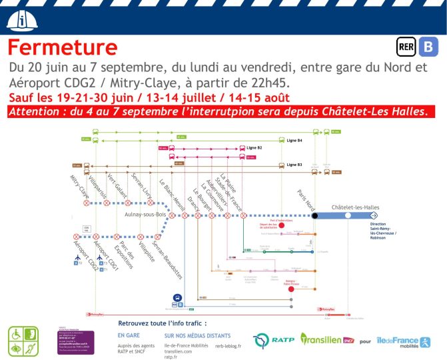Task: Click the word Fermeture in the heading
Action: [x=63, y=48]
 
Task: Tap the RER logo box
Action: [x=406, y=47]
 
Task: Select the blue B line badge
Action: [x=430, y=47]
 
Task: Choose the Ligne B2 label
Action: [x=254, y=147]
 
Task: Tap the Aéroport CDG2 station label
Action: [x=86, y=252]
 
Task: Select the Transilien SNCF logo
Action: [x=326, y=339]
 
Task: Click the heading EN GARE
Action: [x=129, y=335]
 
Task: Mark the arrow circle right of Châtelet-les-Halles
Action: [x=374, y=215]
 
